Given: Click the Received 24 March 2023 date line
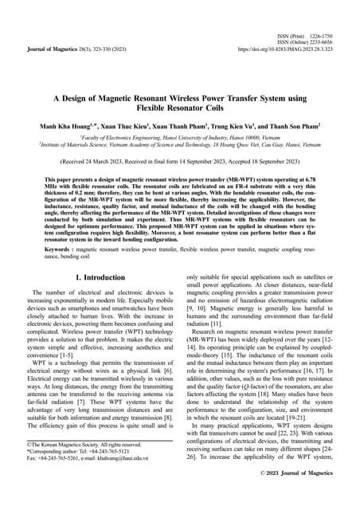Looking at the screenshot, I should click(x=180, y=159).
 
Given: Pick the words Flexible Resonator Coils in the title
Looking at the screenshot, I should click(x=180, y=108).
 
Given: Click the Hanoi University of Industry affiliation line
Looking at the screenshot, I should click(x=180, y=138).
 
